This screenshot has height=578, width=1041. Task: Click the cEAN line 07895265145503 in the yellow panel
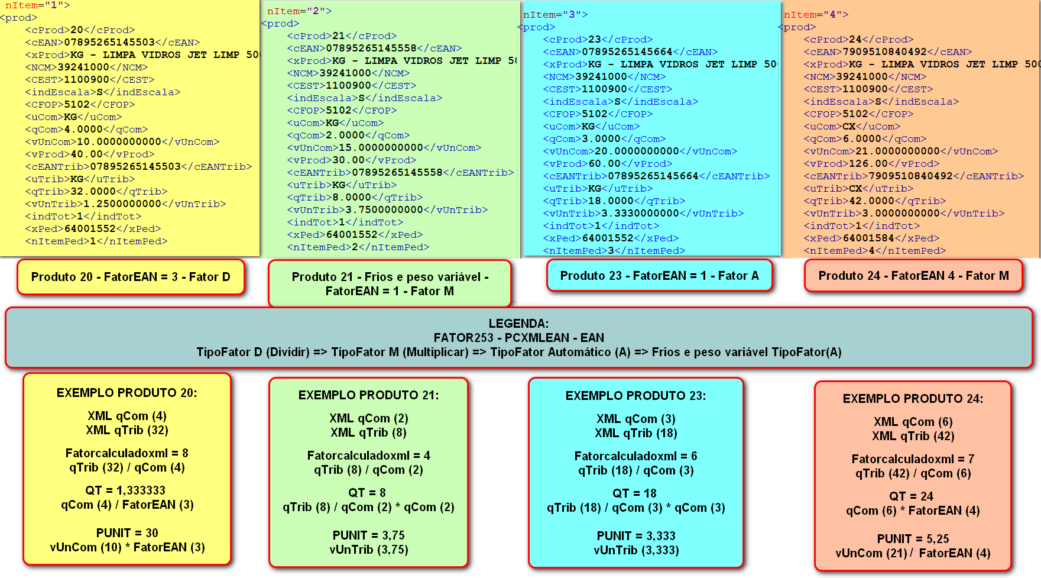click(x=112, y=43)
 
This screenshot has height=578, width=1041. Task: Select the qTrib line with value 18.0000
click(x=614, y=201)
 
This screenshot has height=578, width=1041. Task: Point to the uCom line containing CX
click(x=852, y=127)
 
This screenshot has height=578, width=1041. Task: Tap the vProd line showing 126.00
click(x=871, y=164)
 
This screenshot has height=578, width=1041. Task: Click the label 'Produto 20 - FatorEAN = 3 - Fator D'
click(x=131, y=277)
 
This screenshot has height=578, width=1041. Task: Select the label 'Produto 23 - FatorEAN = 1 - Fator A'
click(x=659, y=276)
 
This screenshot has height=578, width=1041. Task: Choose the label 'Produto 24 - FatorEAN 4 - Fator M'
click(x=913, y=276)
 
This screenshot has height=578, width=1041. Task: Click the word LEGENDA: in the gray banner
click(x=518, y=324)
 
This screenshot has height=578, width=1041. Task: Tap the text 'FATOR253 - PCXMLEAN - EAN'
click(x=518, y=338)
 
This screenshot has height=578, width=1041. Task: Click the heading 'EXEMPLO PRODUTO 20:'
click(x=127, y=393)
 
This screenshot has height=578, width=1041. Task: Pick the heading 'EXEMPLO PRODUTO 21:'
click(x=368, y=395)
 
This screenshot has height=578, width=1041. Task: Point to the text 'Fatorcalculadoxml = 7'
click(x=913, y=459)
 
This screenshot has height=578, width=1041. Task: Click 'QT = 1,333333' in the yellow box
click(x=125, y=490)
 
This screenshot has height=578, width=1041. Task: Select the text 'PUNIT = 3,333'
click(x=636, y=536)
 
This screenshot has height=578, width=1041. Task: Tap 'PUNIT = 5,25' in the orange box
click(x=913, y=539)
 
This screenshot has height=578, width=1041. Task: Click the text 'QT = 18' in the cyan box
click(x=634, y=493)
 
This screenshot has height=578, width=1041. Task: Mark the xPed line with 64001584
click(x=871, y=238)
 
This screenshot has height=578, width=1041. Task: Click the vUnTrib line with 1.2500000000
click(x=125, y=204)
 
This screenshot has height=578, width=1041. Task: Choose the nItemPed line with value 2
click(x=358, y=247)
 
